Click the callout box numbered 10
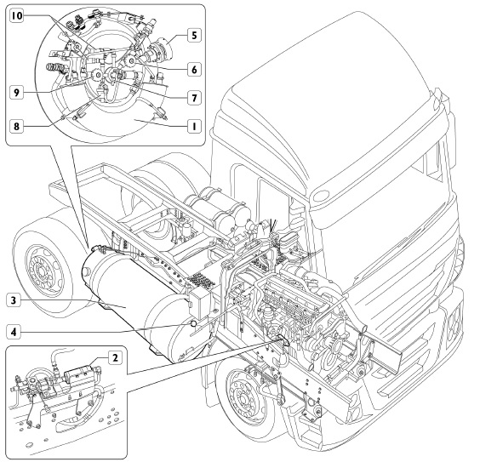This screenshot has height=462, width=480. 17,15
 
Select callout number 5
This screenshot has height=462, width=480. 194,35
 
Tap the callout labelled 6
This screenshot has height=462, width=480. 194,70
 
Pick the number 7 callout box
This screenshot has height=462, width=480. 194,98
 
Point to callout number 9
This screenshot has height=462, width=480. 16,92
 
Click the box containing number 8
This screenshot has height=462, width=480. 16,126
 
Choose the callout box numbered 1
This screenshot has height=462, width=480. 194,126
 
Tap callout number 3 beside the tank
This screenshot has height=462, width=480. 14,299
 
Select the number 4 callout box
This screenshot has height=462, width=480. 14,332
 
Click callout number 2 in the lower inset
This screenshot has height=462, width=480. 115,357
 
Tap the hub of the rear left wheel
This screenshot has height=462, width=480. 40,271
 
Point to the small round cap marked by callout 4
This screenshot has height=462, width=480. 193,323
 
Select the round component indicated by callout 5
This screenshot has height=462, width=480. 163,48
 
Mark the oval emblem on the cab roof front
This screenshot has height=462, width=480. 320,196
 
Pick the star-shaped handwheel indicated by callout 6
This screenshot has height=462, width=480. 132,61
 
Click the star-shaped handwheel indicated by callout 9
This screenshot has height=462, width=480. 98,75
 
